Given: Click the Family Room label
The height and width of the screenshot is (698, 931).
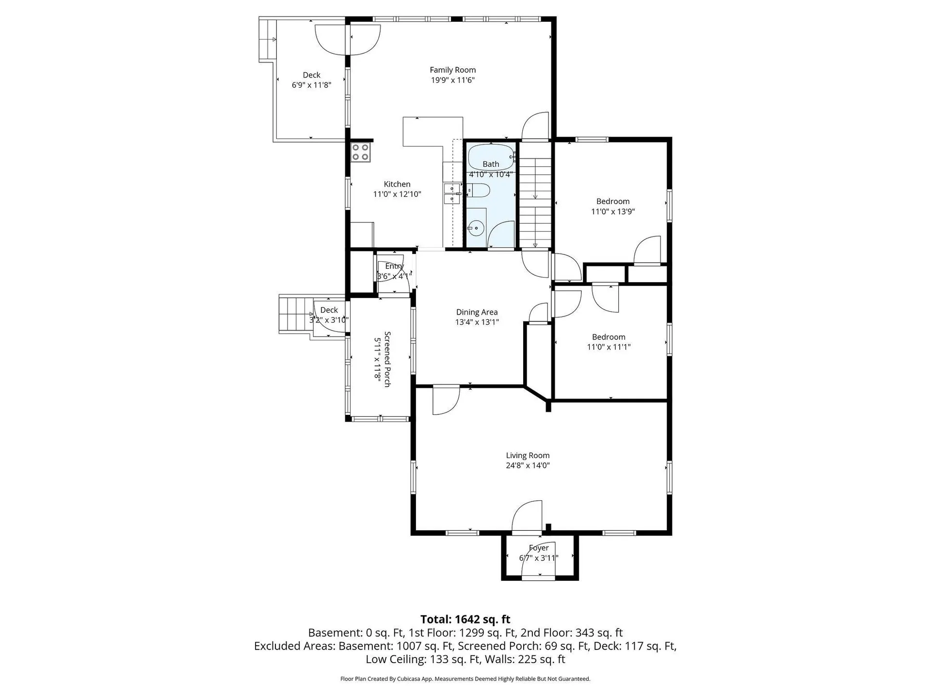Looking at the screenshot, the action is (452, 70).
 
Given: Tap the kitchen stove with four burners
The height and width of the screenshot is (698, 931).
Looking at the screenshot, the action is (361, 152).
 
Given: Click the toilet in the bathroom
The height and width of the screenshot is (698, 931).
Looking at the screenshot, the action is (479, 190).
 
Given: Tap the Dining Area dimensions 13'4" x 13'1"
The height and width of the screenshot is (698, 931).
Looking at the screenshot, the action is (477, 322).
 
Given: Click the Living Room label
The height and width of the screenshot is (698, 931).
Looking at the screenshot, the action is (528, 455).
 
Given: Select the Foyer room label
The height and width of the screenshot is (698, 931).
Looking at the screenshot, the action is (539, 548).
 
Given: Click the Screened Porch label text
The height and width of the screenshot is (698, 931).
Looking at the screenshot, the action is (387, 359).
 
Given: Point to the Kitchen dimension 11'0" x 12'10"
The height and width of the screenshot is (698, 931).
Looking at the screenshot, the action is (397, 194).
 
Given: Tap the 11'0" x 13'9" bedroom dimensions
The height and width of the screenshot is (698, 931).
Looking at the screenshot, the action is (613, 211).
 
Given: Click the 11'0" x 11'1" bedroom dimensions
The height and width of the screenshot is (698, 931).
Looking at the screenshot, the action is (609, 347).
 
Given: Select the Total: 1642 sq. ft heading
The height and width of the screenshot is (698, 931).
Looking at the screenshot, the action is (465, 619).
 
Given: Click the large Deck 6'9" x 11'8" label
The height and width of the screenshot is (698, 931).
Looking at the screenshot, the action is (311, 80).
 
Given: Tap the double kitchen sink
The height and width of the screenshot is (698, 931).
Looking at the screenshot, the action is (452, 193).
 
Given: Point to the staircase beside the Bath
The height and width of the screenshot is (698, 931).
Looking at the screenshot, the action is (535, 196).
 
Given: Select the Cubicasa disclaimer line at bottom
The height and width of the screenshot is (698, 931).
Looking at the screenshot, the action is (465, 679).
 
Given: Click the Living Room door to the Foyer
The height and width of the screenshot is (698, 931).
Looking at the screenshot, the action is (527, 516).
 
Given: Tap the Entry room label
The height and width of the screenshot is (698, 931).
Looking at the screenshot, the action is (394, 266).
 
